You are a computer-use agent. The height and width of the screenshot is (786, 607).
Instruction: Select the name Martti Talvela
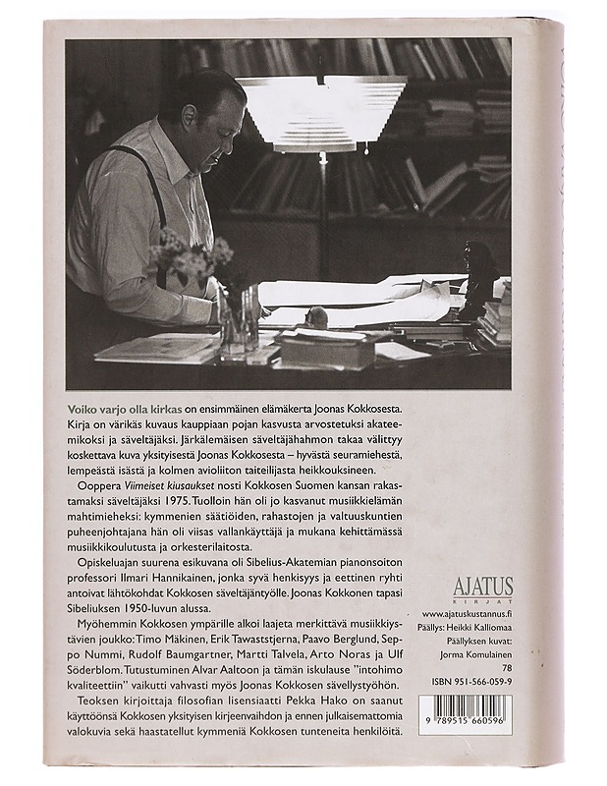click(x=250, y=655)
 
